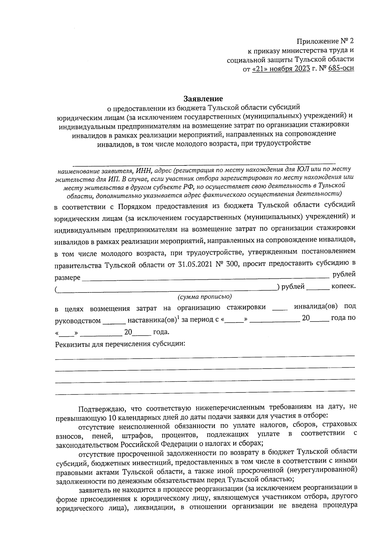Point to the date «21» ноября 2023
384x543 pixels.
pos(281,68)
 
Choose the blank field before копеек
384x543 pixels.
pos(318,288)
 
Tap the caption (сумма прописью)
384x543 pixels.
pos(205,297)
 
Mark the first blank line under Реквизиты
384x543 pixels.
pos(205,355)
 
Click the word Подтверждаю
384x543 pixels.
pos(100,409)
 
